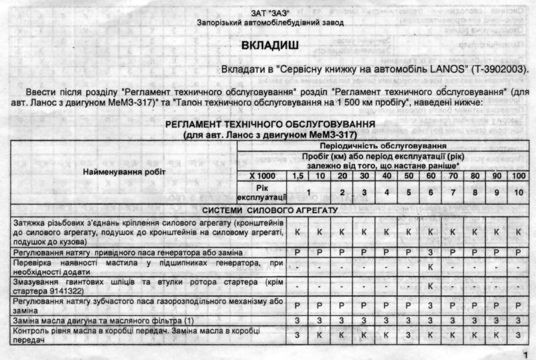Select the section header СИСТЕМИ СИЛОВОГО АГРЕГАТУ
click(270, 211)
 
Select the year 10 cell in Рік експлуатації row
click(517, 193)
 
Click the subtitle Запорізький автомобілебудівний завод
click(271, 22)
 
